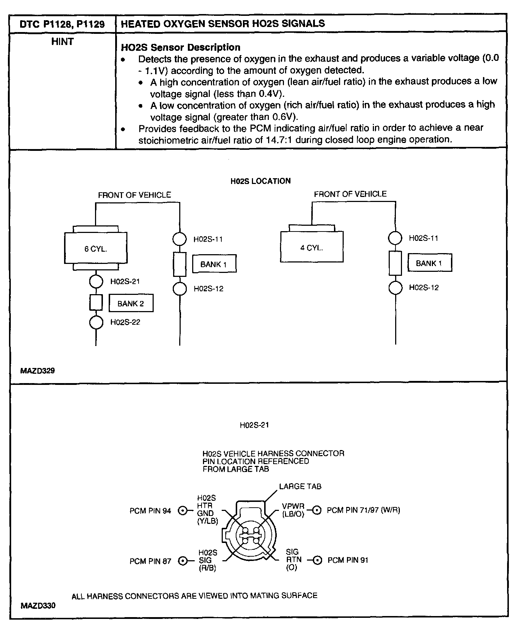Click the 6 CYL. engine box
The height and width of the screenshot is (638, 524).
[95, 248]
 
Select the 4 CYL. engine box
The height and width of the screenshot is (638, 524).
[312, 247]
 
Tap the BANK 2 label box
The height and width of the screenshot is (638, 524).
[131, 304]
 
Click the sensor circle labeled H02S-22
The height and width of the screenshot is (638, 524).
[96, 322]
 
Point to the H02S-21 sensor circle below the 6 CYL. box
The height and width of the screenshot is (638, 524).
[96, 282]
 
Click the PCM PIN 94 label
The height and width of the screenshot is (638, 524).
[150, 511]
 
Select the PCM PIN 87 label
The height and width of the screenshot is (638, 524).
[150, 561]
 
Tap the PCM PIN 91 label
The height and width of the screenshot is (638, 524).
[348, 560]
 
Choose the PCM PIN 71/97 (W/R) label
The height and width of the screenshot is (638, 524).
[363, 510]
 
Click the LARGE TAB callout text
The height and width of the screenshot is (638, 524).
[300, 486]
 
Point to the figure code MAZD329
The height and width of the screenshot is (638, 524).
[37, 370]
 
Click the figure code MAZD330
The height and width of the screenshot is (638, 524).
[38, 606]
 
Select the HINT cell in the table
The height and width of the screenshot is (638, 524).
[62, 42]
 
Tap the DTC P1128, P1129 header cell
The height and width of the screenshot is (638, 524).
[62, 24]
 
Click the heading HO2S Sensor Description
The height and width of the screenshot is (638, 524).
[181, 47]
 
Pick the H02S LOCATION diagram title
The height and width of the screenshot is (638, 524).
[260, 181]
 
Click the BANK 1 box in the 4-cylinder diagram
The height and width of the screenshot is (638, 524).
[429, 263]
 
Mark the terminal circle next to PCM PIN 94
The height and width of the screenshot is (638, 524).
[183, 511]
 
